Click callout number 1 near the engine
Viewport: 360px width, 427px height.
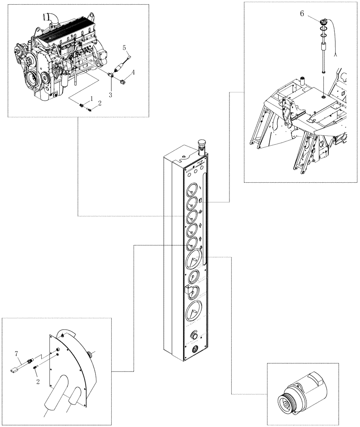[x=91, y=98]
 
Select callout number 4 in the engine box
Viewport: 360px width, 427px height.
[x=133, y=73]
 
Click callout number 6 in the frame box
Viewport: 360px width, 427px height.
[x=302, y=14]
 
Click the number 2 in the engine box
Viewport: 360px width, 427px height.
[x=100, y=103]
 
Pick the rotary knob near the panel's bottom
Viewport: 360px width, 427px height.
[x=195, y=336]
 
